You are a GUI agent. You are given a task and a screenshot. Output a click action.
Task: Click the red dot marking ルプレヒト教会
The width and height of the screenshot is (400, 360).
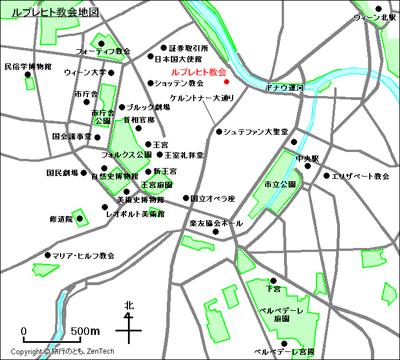click(226, 82)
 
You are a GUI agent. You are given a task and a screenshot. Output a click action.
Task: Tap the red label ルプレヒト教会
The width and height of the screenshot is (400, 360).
click(198, 73)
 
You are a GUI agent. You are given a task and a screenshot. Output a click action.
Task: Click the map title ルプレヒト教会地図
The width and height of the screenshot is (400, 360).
click(51, 12)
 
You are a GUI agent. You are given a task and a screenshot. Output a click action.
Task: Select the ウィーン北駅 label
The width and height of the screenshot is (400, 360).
click(375, 18)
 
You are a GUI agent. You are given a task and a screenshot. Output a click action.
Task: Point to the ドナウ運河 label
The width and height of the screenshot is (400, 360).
click(285, 88)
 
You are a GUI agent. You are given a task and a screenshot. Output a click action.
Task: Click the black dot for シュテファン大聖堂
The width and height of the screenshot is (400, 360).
click(219, 132)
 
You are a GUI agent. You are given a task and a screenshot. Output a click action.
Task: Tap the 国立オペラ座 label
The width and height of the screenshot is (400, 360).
click(213, 199)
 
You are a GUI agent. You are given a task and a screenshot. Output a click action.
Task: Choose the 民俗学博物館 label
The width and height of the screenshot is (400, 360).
click(27, 67)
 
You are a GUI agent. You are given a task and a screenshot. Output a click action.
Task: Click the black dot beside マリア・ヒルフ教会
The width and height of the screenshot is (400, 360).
click(47, 255)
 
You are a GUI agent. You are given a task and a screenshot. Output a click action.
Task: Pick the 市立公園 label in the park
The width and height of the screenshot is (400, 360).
click(280, 185)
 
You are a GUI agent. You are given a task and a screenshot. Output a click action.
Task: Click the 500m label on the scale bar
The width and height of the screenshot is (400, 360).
click(85, 331)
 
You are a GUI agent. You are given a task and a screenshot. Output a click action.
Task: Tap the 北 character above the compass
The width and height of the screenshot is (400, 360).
click(129, 306)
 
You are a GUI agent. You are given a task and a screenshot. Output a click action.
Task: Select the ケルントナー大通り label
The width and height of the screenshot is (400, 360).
click(202, 98)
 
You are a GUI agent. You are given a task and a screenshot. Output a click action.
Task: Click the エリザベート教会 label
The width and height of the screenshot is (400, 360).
click(360, 177)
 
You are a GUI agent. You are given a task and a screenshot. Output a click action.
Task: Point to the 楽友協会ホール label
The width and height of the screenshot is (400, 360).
click(215, 223)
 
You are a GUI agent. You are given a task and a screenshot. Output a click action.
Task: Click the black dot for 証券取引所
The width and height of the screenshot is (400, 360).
click(163, 48)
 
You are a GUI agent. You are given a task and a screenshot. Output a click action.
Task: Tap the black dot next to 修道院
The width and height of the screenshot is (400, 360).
click(80, 218)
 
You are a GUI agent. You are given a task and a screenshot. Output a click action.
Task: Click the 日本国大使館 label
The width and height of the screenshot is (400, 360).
click(178, 58)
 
